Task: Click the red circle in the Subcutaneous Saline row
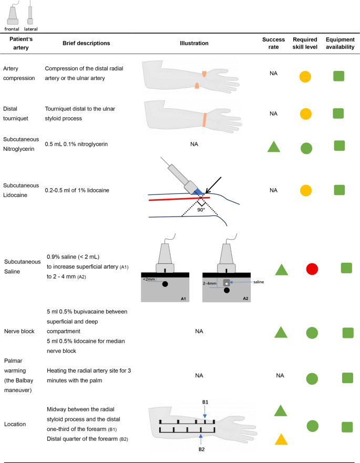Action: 312,269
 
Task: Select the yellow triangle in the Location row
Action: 281,439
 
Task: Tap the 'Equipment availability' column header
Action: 340,43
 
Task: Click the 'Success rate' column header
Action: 273,43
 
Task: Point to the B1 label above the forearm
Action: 205,402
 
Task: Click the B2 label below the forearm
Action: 201,449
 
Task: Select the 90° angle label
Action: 201,210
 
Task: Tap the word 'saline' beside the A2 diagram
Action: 259,282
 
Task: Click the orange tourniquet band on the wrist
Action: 204,120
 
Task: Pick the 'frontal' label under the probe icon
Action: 12,29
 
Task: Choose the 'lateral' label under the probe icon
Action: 30,29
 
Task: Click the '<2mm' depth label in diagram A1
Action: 149,279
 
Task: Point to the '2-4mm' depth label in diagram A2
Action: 209,283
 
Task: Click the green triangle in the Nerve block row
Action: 281,332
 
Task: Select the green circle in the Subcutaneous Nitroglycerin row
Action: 306,148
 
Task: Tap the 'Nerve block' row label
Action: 19,331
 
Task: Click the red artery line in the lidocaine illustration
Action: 179,199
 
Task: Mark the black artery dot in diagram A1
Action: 165,284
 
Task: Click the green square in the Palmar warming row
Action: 347,378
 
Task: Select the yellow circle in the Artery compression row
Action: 305,77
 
